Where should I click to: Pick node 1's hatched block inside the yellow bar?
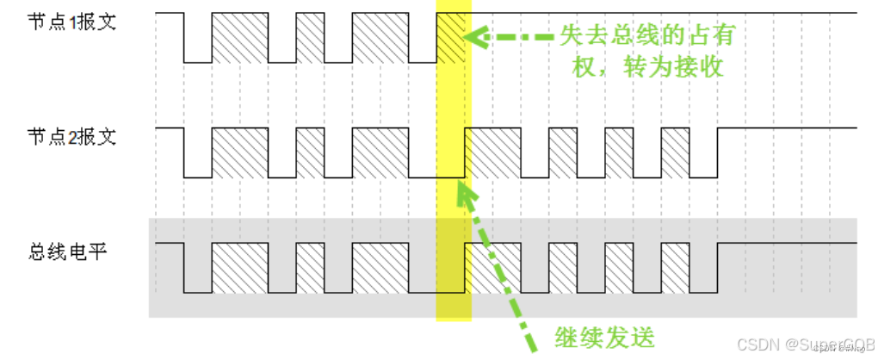pos(451,38)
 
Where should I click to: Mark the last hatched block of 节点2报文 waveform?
pos(675,152)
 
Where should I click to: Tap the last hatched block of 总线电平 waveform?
pos(675,269)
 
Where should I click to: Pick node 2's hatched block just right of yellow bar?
pos(492,152)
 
